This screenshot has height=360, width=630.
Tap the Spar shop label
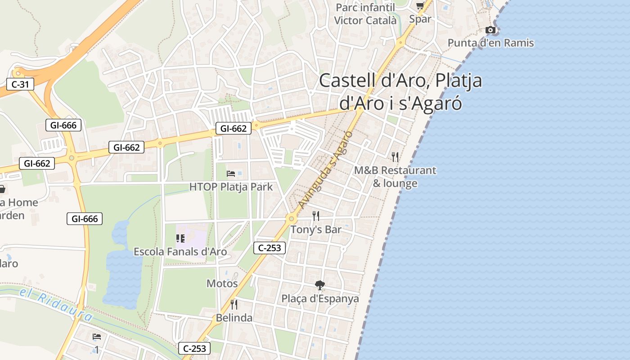click(420, 19)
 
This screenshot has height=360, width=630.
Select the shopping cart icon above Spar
click(420, 6)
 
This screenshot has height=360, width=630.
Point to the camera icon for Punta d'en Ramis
click(490, 30)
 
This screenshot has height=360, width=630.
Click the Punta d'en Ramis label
click(490, 43)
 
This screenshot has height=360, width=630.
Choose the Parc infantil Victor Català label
click(365, 14)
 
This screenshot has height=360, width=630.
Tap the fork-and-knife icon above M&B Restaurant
click(395, 157)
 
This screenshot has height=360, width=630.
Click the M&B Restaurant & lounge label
click(395, 177)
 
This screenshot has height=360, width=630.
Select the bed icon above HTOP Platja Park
click(231, 173)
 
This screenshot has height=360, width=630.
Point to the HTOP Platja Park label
click(231, 187)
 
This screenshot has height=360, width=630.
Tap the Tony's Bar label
click(316, 229)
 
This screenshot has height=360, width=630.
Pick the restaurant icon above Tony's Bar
click(316, 216)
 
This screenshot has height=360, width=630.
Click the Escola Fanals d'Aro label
click(180, 252)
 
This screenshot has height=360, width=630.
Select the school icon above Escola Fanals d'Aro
click(180, 238)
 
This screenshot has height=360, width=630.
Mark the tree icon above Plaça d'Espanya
click(320, 285)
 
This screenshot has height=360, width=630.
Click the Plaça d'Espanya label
click(320, 299)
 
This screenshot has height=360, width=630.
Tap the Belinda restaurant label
click(234, 318)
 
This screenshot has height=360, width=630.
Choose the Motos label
click(222, 283)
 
